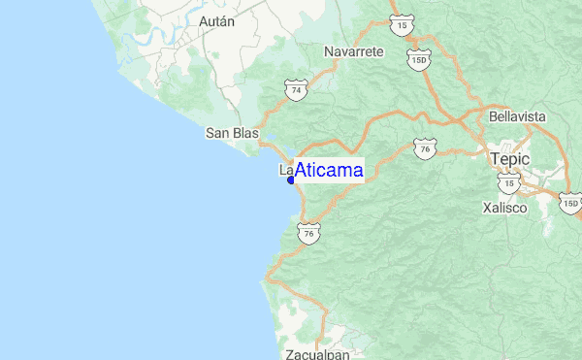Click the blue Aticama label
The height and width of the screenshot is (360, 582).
(329, 171)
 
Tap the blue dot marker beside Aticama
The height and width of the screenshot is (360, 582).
(291, 180)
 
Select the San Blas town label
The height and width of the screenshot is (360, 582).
(230, 134)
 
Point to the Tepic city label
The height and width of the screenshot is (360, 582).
(509, 158)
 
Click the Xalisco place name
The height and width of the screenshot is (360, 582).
(504, 208)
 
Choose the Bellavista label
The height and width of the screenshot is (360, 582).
(518, 116)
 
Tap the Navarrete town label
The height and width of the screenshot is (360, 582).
(354, 50)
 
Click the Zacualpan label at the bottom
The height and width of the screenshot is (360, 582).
(317, 354)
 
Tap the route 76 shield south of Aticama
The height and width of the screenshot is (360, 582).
(308, 235)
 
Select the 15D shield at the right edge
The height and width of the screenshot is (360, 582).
(571, 204)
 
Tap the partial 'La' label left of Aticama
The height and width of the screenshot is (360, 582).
(285, 170)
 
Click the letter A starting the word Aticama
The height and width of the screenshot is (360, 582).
(301, 171)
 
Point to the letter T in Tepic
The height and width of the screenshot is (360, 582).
(496, 158)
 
